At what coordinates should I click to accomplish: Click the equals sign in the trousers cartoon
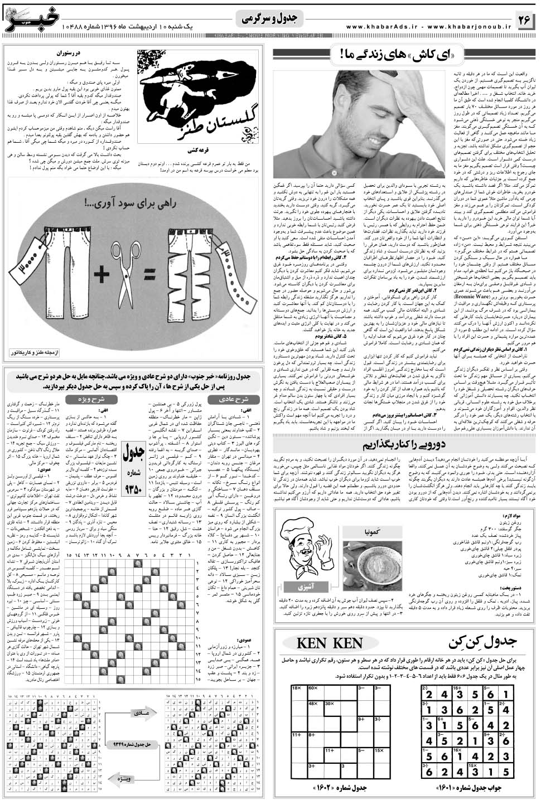[149, 275]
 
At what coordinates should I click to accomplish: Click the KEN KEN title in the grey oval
[331, 642]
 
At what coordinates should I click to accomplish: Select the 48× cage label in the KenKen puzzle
[313, 704]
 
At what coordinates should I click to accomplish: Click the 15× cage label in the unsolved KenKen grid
[379, 750]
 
